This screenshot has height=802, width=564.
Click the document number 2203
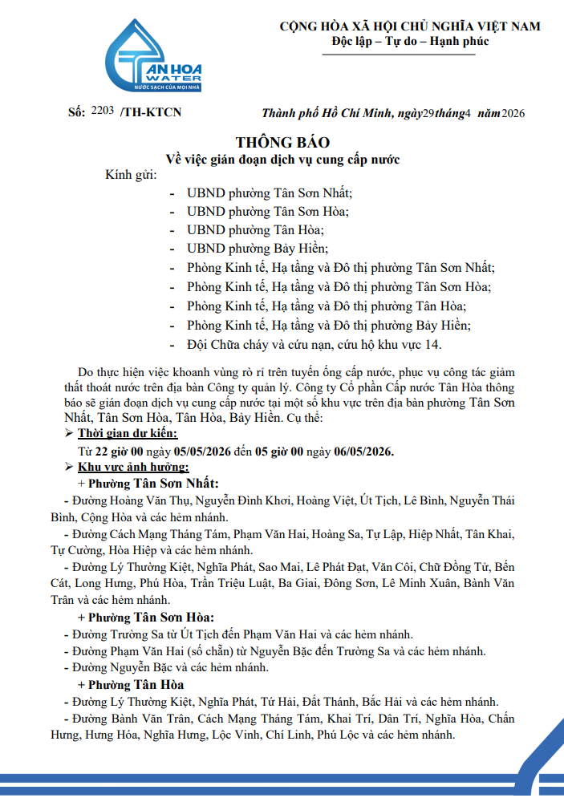[x=103, y=111]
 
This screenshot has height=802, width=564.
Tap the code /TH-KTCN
[x=150, y=112]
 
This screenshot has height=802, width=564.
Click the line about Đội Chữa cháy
[x=314, y=345]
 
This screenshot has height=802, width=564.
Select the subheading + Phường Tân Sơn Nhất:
[x=148, y=484]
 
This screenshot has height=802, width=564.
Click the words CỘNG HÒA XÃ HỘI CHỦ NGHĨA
[x=377, y=26]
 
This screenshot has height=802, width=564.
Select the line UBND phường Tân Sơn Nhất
[x=270, y=193]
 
